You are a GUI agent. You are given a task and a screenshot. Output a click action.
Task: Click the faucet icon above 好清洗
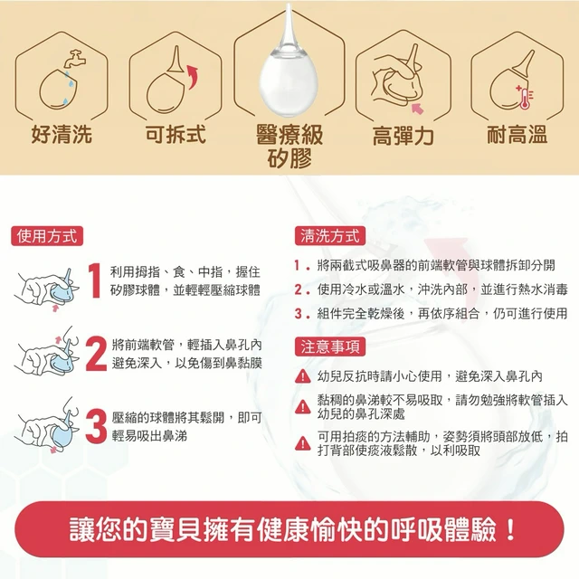click(x=75, y=58)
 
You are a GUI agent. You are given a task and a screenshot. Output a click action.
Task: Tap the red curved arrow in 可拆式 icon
click(x=193, y=76)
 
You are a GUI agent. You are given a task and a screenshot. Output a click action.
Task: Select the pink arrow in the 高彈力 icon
click(x=418, y=109)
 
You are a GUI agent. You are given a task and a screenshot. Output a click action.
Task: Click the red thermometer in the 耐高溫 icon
click(x=524, y=98)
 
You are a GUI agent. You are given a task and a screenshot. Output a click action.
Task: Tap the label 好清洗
click(x=62, y=134)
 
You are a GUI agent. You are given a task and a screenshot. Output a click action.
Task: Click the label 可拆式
click(x=176, y=134)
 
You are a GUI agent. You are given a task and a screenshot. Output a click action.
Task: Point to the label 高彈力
click(x=403, y=135)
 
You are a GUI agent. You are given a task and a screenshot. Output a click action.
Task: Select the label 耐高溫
click(x=517, y=134)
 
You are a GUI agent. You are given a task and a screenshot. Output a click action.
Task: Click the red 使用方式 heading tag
click(x=47, y=236)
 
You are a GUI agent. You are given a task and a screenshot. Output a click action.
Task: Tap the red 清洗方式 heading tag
click(x=330, y=236)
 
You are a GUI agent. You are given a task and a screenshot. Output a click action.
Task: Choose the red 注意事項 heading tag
click(x=330, y=346)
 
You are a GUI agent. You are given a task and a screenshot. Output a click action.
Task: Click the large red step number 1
click(x=94, y=280)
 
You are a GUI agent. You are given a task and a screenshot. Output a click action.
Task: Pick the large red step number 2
click(x=96, y=354)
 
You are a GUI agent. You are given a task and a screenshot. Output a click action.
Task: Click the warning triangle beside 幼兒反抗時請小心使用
click(x=303, y=376)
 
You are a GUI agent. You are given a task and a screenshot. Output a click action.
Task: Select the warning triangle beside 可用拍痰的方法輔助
click(x=303, y=443)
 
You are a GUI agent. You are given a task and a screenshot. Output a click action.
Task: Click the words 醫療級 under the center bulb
click(x=289, y=134)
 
